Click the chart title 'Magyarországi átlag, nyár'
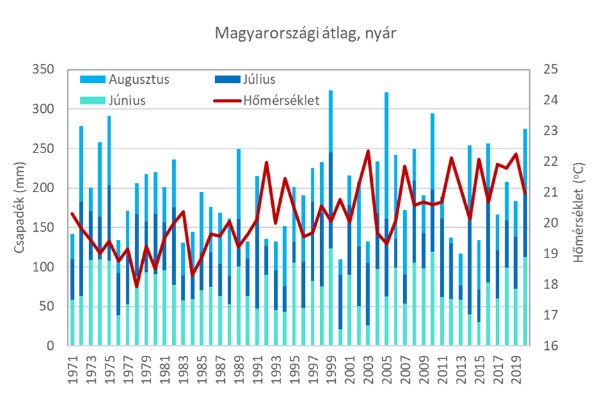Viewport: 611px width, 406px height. coord(305,33)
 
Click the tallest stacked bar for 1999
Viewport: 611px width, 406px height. coord(331,218)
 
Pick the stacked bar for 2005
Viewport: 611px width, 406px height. coord(387,218)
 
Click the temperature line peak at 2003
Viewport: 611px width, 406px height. coord(368,151)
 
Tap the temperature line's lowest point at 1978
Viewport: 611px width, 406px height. coord(137,287)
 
